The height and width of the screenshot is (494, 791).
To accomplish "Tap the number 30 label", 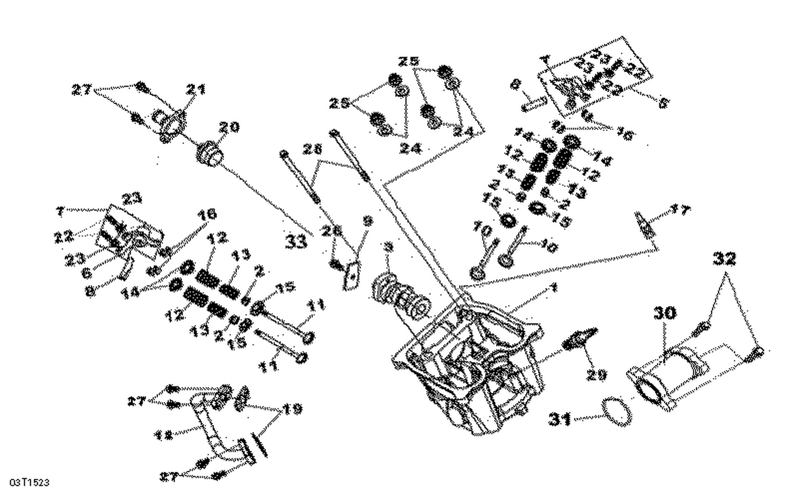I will (x=664, y=313).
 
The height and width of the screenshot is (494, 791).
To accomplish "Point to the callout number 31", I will (x=560, y=419).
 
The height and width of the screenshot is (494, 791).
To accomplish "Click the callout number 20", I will (x=229, y=127).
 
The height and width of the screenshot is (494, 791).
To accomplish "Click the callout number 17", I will (x=679, y=211).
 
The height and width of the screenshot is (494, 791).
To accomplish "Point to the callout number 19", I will (x=293, y=409).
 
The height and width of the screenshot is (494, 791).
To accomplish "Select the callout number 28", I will (x=312, y=151).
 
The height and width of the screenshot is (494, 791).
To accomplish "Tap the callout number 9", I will (x=367, y=221).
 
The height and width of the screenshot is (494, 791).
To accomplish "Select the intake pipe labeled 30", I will (x=680, y=369).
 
